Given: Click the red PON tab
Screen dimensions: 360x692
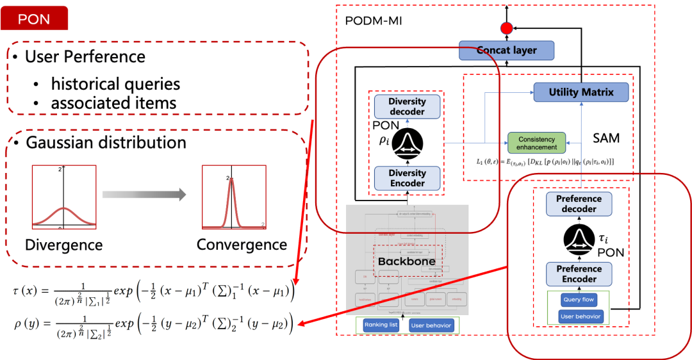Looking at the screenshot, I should point(35,19).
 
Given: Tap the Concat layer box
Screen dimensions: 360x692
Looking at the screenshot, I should point(506,50).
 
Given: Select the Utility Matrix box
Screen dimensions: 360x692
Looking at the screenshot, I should point(581,92).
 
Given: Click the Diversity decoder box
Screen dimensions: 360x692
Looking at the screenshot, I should point(407,106).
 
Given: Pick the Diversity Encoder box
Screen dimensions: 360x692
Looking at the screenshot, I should point(407,178).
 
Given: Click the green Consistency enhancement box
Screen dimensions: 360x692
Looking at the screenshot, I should point(537,143).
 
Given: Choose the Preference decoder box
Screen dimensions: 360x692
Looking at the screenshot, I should point(579,204).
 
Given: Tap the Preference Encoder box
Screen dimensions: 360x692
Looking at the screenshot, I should point(579,274).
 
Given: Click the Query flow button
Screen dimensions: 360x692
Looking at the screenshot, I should point(579,299).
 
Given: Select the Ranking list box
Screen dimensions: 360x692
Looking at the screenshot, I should point(381,325).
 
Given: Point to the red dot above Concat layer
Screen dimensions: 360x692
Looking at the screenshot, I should point(506,28).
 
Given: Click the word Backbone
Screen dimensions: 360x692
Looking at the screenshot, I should point(406,261).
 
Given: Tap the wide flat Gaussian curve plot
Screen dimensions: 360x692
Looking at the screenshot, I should point(64,197).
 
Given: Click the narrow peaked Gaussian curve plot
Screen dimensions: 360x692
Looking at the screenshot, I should point(233,197).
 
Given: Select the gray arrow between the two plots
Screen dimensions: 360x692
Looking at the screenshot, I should point(144,193).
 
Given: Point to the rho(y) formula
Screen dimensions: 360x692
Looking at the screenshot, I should point(152,324).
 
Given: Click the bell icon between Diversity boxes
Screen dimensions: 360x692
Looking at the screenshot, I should point(407,143).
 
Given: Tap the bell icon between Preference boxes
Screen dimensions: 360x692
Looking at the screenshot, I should point(579,240).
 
